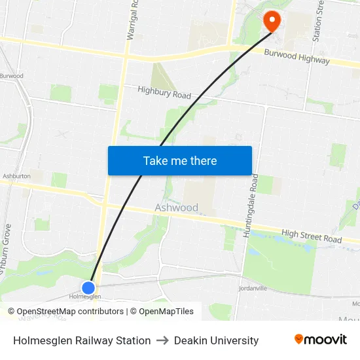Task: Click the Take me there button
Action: (179, 160)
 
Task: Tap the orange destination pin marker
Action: (271, 22)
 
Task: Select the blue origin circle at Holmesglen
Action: (88, 287)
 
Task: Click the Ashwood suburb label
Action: (176, 207)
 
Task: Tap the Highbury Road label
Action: (164, 93)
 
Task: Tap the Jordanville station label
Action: (254, 288)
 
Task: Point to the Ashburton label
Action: (16, 176)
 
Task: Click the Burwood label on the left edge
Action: (11, 76)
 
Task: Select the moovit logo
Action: (320, 340)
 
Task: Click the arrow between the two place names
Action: (162, 340)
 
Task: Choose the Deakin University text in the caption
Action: (216, 340)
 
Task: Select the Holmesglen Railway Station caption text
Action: (82, 340)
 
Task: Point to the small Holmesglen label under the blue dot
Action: (84, 297)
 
